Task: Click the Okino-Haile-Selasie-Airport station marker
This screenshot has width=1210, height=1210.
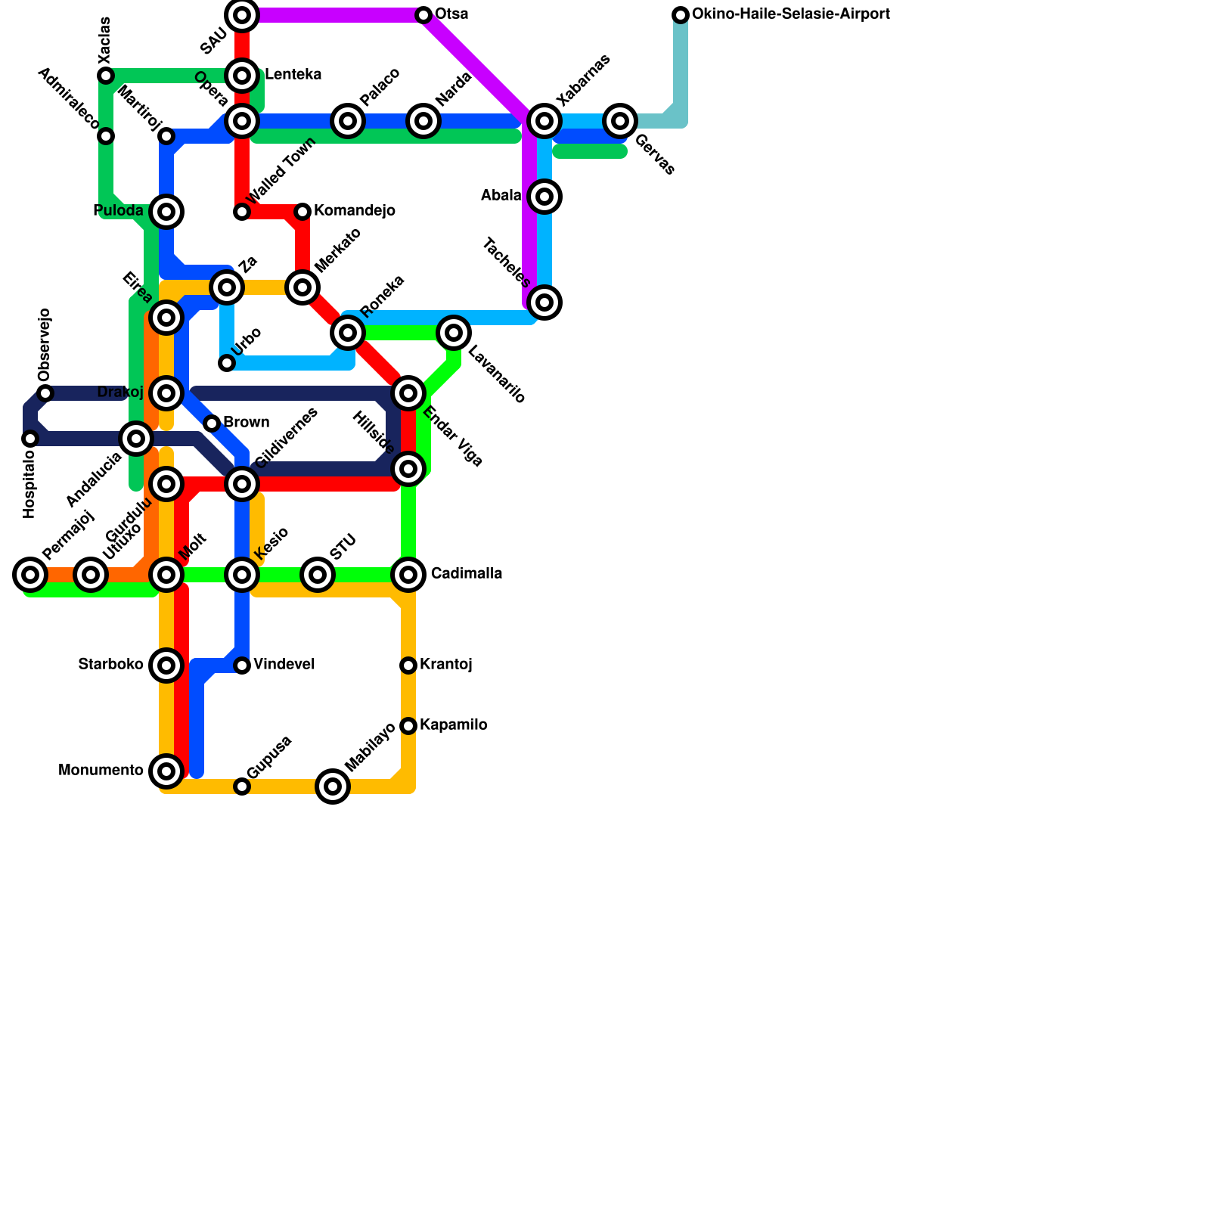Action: (681, 15)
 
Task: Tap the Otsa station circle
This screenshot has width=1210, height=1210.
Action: (423, 15)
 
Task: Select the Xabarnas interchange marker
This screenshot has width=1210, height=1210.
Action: (544, 120)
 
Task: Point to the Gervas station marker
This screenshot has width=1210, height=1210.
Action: (620, 120)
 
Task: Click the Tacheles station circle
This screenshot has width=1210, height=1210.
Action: (544, 302)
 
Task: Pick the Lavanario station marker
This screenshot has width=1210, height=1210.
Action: (454, 332)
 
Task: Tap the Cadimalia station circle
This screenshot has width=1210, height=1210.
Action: (408, 575)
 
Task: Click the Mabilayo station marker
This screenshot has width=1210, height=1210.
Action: (333, 786)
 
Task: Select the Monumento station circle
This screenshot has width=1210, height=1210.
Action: (166, 771)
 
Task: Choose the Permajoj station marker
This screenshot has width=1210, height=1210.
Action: (30, 575)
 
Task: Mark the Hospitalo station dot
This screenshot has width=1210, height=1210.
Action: (30, 439)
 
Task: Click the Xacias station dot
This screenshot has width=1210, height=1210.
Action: (106, 76)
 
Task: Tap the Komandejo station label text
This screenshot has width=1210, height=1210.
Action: (354, 211)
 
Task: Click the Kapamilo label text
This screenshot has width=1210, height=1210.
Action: (453, 725)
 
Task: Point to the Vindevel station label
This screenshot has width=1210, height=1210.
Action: (284, 665)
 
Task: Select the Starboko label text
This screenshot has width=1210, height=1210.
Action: (110, 665)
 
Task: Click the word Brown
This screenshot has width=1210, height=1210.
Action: (246, 423)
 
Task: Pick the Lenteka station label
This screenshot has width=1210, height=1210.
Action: (293, 75)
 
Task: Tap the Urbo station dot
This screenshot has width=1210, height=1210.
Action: (227, 363)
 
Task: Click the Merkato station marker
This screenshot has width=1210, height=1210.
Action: (302, 287)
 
